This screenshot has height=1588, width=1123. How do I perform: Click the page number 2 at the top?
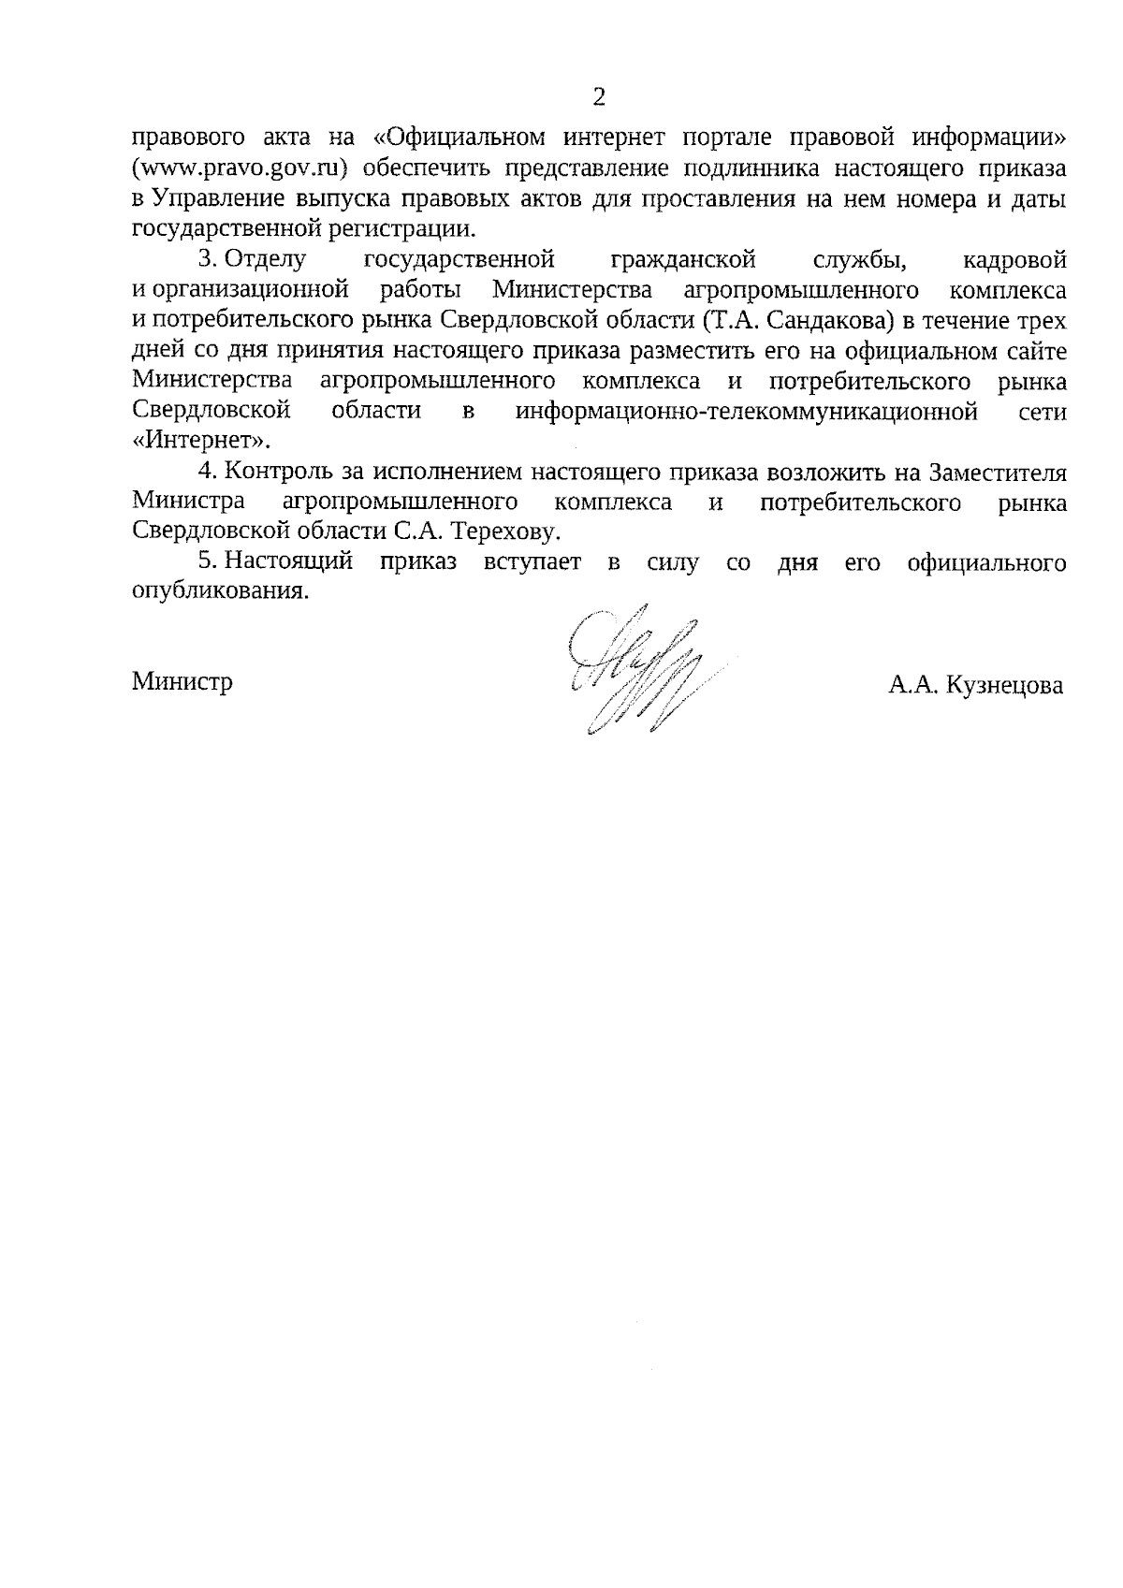599,97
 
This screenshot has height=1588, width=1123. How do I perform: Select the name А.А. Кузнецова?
976,686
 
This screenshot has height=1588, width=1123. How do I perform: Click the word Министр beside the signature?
182,682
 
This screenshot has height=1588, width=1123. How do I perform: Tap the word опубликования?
219,592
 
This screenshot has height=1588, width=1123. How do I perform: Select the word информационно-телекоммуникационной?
747,411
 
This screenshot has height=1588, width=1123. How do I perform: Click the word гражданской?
682,259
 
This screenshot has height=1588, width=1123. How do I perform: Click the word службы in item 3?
859,259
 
